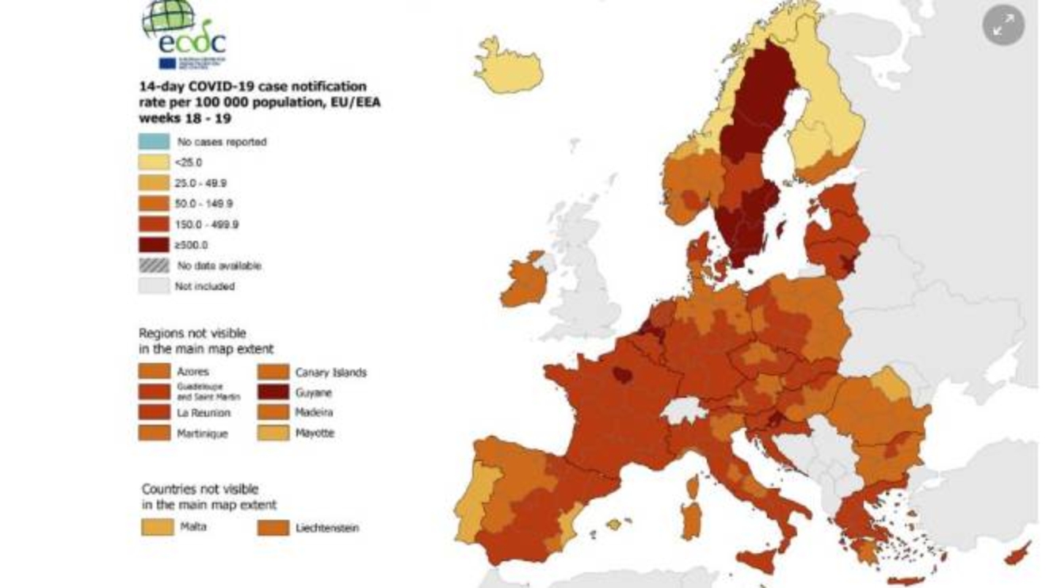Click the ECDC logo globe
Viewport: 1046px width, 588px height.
coord(168,18)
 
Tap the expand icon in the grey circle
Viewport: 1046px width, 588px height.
coord(1003,25)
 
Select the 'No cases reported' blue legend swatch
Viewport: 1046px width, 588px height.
coord(154,142)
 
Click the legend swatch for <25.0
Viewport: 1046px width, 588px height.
coord(154,162)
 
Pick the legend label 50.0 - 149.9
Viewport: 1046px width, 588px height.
coord(204,204)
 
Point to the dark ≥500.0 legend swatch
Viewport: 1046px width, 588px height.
coord(154,245)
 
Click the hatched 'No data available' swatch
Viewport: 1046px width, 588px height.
coord(154,265)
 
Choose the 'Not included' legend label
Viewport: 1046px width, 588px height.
coord(204,286)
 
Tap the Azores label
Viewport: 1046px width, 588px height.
coord(193,372)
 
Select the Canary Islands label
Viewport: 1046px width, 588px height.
coord(330,372)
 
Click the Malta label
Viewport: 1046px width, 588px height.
coord(193,526)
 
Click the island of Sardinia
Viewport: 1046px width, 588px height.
coord(691,518)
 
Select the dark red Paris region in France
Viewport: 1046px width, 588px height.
coord(622,373)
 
